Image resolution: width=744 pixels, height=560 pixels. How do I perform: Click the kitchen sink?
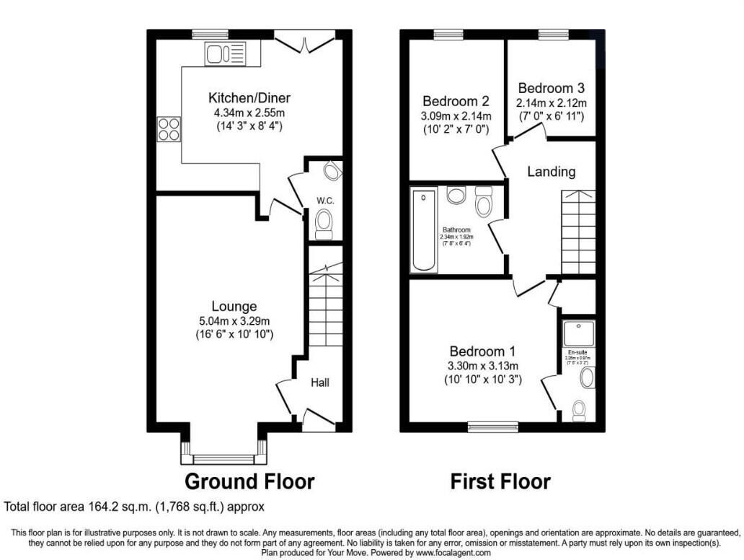(226, 53)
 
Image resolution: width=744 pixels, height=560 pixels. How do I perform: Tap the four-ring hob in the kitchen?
(169, 129)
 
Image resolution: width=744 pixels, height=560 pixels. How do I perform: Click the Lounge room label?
(234, 306)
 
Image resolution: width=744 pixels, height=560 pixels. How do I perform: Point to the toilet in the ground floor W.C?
(324, 221)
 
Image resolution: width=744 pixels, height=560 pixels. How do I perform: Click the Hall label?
(320, 382)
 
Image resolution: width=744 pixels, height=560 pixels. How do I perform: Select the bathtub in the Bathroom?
(424, 230)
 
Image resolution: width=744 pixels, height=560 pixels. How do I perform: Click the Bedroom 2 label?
(456, 101)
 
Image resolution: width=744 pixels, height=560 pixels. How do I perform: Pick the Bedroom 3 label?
(552, 88)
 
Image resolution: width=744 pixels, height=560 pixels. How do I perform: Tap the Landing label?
(551, 172)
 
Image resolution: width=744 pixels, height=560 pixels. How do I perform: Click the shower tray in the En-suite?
(578, 333)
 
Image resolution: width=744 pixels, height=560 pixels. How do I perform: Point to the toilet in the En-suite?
(579, 409)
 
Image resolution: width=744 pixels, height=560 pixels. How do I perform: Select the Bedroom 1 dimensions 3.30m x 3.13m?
(482, 366)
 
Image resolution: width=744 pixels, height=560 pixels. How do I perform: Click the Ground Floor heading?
(249, 481)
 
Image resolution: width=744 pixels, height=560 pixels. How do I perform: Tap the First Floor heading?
(500, 481)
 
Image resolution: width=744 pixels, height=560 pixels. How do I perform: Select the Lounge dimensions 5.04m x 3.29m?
(234, 321)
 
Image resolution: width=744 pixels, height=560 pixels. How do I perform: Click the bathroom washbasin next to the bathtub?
(456, 195)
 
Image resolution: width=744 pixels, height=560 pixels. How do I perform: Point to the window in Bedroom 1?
(493, 426)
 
